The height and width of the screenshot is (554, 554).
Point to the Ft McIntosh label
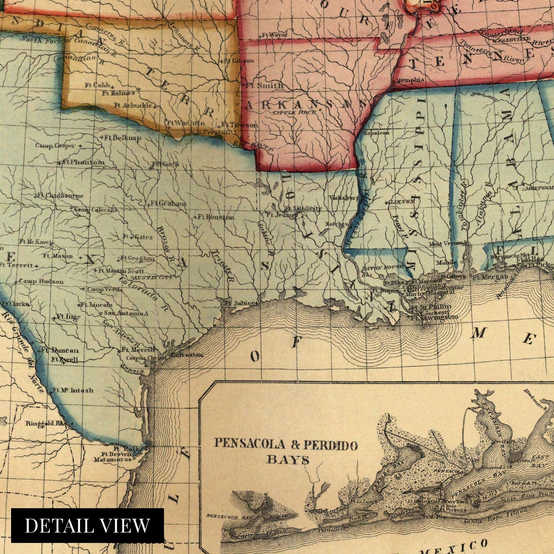click(x=73, y=390)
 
